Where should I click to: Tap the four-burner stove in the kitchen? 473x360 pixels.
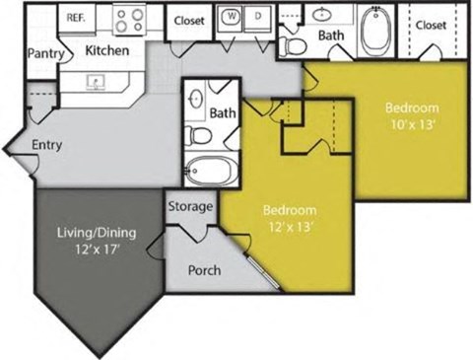point(128,20)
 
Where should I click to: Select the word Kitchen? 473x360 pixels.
point(109,49)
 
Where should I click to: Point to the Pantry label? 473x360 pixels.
point(43,52)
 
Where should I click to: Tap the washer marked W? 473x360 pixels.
point(232,17)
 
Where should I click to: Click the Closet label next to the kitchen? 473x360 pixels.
point(189,21)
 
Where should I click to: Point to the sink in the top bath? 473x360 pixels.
point(324,16)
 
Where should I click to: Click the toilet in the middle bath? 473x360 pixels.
point(198,135)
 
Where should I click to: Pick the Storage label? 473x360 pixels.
point(189,207)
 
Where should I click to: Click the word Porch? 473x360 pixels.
point(204,270)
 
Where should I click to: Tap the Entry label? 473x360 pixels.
point(47,145)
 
